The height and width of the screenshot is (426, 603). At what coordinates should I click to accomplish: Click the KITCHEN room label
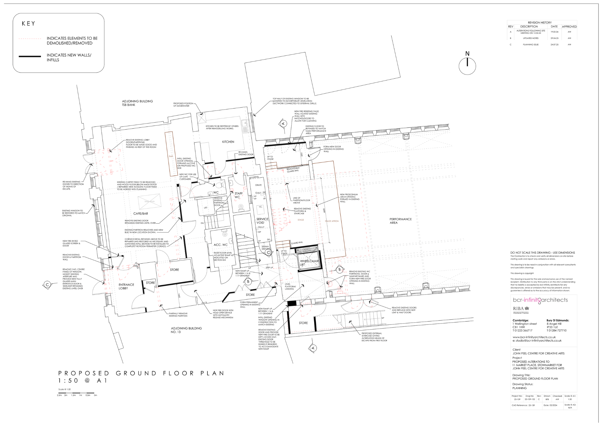click(x=228, y=142)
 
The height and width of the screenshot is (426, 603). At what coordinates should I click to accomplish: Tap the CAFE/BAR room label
click(x=140, y=214)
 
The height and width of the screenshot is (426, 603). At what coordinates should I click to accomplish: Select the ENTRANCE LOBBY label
click(x=126, y=287)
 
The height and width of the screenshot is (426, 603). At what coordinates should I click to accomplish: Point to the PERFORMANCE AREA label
click(x=400, y=221)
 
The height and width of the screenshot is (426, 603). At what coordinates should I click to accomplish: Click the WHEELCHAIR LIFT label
click(x=309, y=263)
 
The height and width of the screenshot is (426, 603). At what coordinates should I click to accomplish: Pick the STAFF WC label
click(x=238, y=195)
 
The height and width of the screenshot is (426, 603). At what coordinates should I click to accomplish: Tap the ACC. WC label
click(x=220, y=245)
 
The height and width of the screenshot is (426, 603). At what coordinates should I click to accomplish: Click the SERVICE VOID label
click(x=262, y=221)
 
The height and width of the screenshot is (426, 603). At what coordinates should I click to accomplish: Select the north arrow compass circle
click(x=467, y=66)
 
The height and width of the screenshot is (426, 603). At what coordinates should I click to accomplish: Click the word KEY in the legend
click(x=28, y=23)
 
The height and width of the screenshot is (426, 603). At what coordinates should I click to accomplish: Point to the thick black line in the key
click(x=30, y=56)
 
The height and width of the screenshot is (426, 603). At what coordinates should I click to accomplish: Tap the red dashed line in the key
click(x=30, y=39)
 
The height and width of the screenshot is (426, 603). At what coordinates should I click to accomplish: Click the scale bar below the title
click(x=76, y=393)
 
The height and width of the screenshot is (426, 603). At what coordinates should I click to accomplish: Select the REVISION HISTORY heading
click(x=539, y=23)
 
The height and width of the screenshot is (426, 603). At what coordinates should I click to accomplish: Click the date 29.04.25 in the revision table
click(x=554, y=38)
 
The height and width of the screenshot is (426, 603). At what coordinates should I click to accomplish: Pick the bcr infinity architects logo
click(x=540, y=300)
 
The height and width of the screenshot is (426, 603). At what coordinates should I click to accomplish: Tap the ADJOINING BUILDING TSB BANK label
click(x=137, y=103)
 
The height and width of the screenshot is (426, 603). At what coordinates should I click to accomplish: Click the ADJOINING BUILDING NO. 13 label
click(x=186, y=330)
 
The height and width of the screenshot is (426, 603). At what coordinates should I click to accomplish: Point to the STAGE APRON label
click(x=331, y=221)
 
